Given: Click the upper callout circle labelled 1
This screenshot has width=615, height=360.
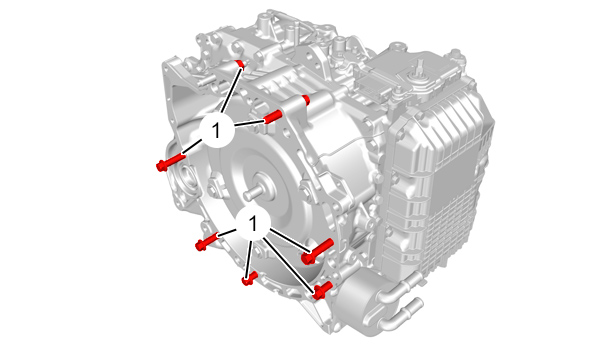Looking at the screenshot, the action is (217, 130).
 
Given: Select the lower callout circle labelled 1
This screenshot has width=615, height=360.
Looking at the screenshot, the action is (253, 223).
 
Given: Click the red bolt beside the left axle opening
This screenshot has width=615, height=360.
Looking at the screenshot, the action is (170, 162).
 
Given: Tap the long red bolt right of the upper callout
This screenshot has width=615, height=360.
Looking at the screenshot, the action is (273, 116).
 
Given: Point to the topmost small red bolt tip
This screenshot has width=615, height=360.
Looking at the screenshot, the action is (240, 64).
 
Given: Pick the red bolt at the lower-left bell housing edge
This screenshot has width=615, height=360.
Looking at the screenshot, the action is (207, 241).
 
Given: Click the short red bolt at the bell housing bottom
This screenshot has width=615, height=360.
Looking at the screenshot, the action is (249, 278).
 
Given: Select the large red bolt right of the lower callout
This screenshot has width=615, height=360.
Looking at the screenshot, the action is (317, 251).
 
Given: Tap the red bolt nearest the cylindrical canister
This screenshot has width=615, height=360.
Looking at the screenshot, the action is (322, 291).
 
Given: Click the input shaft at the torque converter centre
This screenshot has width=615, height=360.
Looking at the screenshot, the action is (255, 190).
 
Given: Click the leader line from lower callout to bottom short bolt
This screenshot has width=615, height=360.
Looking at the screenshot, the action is (248, 256).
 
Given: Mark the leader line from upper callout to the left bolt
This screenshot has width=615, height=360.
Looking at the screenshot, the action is (192, 147).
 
